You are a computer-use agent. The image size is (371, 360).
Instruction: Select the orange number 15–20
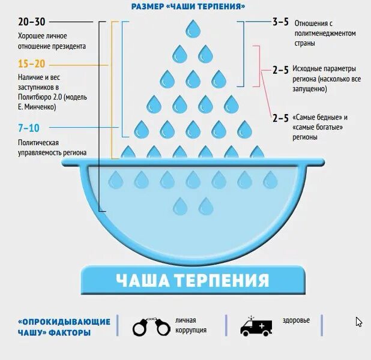coord(31,64)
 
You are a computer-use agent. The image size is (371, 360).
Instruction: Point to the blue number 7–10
coord(29,127)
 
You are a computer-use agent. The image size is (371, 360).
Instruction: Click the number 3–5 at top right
coord(280,22)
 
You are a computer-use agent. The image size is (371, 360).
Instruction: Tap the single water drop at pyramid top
coord(193,28)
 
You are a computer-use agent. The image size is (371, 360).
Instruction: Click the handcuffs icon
coord(150,326)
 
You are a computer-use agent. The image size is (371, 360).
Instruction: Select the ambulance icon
coord(256,326)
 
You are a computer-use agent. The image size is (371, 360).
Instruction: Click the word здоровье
coord(296,320)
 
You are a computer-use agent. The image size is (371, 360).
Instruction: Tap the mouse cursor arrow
coord(358,322)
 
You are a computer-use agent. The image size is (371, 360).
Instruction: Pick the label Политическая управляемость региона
coord(52,148)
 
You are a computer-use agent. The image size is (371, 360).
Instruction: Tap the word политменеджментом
coord(325,33)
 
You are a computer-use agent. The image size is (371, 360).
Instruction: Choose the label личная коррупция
coord(191,325)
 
